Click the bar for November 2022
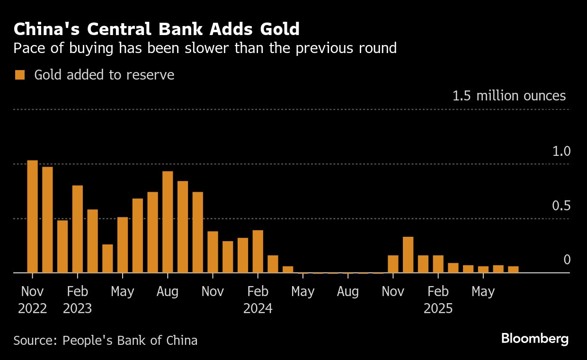click(x=32, y=216)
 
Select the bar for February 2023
click(x=78, y=229)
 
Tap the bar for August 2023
click(x=168, y=222)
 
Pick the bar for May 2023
click(x=123, y=244)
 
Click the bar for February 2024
click(x=258, y=251)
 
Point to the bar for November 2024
click(x=393, y=264)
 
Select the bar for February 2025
click(x=438, y=264)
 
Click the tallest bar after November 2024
click(x=408, y=254)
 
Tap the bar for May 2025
click(x=483, y=270)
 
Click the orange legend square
click(x=20, y=75)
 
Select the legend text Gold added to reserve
click(x=104, y=75)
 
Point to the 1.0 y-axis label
click(x=561, y=152)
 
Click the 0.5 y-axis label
click(x=561, y=206)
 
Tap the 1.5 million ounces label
click(x=509, y=96)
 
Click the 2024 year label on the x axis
click(x=258, y=309)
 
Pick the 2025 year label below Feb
click(x=438, y=309)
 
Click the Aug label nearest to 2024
click(x=348, y=291)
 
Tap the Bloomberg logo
click(x=534, y=339)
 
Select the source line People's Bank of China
click(x=105, y=340)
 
